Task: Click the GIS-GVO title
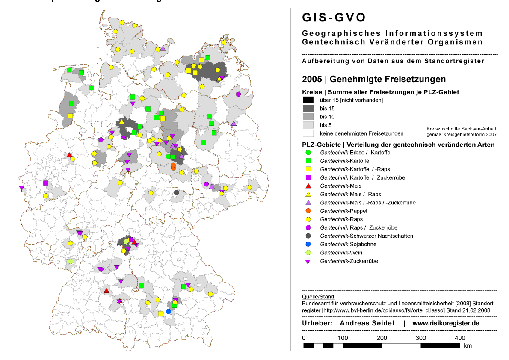tap(334, 18)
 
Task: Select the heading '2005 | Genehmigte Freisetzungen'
tap(373, 79)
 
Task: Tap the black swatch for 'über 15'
tap(308, 100)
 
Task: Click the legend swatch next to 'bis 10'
tap(308, 117)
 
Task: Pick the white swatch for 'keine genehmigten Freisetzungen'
tap(308, 133)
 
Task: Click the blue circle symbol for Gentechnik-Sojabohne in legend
tap(308, 244)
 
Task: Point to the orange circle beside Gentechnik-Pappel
tap(308, 211)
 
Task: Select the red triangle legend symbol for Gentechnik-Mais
tap(308, 186)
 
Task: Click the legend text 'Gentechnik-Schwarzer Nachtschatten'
tap(367, 236)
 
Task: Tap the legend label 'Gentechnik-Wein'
tap(341, 253)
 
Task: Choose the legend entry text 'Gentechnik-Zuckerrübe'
tap(349, 261)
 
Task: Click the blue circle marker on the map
tap(168, 311)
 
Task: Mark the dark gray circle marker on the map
tap(176, 192)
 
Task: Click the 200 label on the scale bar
tap(382, 338)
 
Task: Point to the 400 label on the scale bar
tap(459, 338)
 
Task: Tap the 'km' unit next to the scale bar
tap(468, 345)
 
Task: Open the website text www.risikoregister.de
tap(446, 323)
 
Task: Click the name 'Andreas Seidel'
tap(367, 323)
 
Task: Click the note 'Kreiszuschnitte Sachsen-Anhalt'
tap(462, 129)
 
